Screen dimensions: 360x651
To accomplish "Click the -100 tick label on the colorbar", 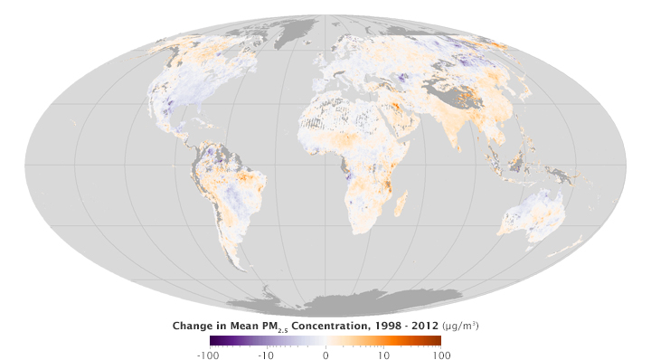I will [x=210, y=354].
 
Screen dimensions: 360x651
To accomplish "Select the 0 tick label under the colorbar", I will [x=325, y=354].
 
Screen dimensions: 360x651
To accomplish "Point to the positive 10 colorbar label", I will [x=384, y=354].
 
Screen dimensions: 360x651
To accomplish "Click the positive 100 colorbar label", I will [x=440, y=354].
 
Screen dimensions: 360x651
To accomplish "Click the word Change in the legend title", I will [x=194, y=326].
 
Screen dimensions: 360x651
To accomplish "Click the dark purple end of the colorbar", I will [x=212, y=340].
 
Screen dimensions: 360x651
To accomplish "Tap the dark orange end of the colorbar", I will [x=439, y=340].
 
